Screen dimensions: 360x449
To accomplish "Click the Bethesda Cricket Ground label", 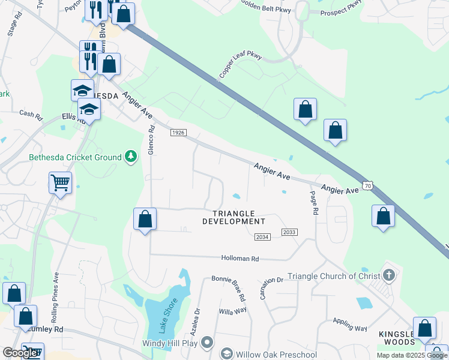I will click(x=76, y=158).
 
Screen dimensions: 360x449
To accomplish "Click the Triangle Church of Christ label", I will click(x=333, y=276).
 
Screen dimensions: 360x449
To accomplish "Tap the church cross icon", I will click(x=389, y=276).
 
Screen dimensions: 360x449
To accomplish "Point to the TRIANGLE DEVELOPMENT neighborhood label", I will click(x=234, y=217).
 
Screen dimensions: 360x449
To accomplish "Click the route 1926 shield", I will click(x=178, y=132).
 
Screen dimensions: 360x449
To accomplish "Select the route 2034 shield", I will click(x=262, y=237).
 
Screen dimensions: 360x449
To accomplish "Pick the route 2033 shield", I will click(x=289, y=232).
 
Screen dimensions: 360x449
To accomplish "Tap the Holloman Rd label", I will click(x=239, y=259).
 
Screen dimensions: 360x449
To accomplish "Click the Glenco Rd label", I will click(x=152, y=140).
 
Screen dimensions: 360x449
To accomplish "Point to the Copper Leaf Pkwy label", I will click(x=240, y=65).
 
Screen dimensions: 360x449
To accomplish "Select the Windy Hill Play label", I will click(x=170, y=344).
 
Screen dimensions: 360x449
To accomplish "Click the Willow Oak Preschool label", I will click(x=276, y=354).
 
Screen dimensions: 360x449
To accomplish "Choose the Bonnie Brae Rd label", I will click(x=229, y=289).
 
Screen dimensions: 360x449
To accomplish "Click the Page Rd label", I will click(x=313, y=203).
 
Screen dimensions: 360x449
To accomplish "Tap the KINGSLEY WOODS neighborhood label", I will click(x=396, y=338).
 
